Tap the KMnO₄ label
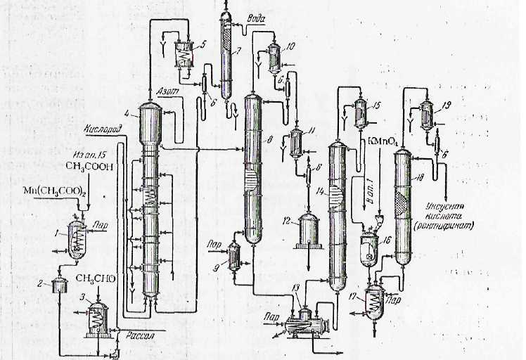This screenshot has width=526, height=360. [383, 141]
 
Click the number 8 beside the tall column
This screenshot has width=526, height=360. [279, 140]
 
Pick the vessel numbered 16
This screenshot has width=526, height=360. [367, 249]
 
